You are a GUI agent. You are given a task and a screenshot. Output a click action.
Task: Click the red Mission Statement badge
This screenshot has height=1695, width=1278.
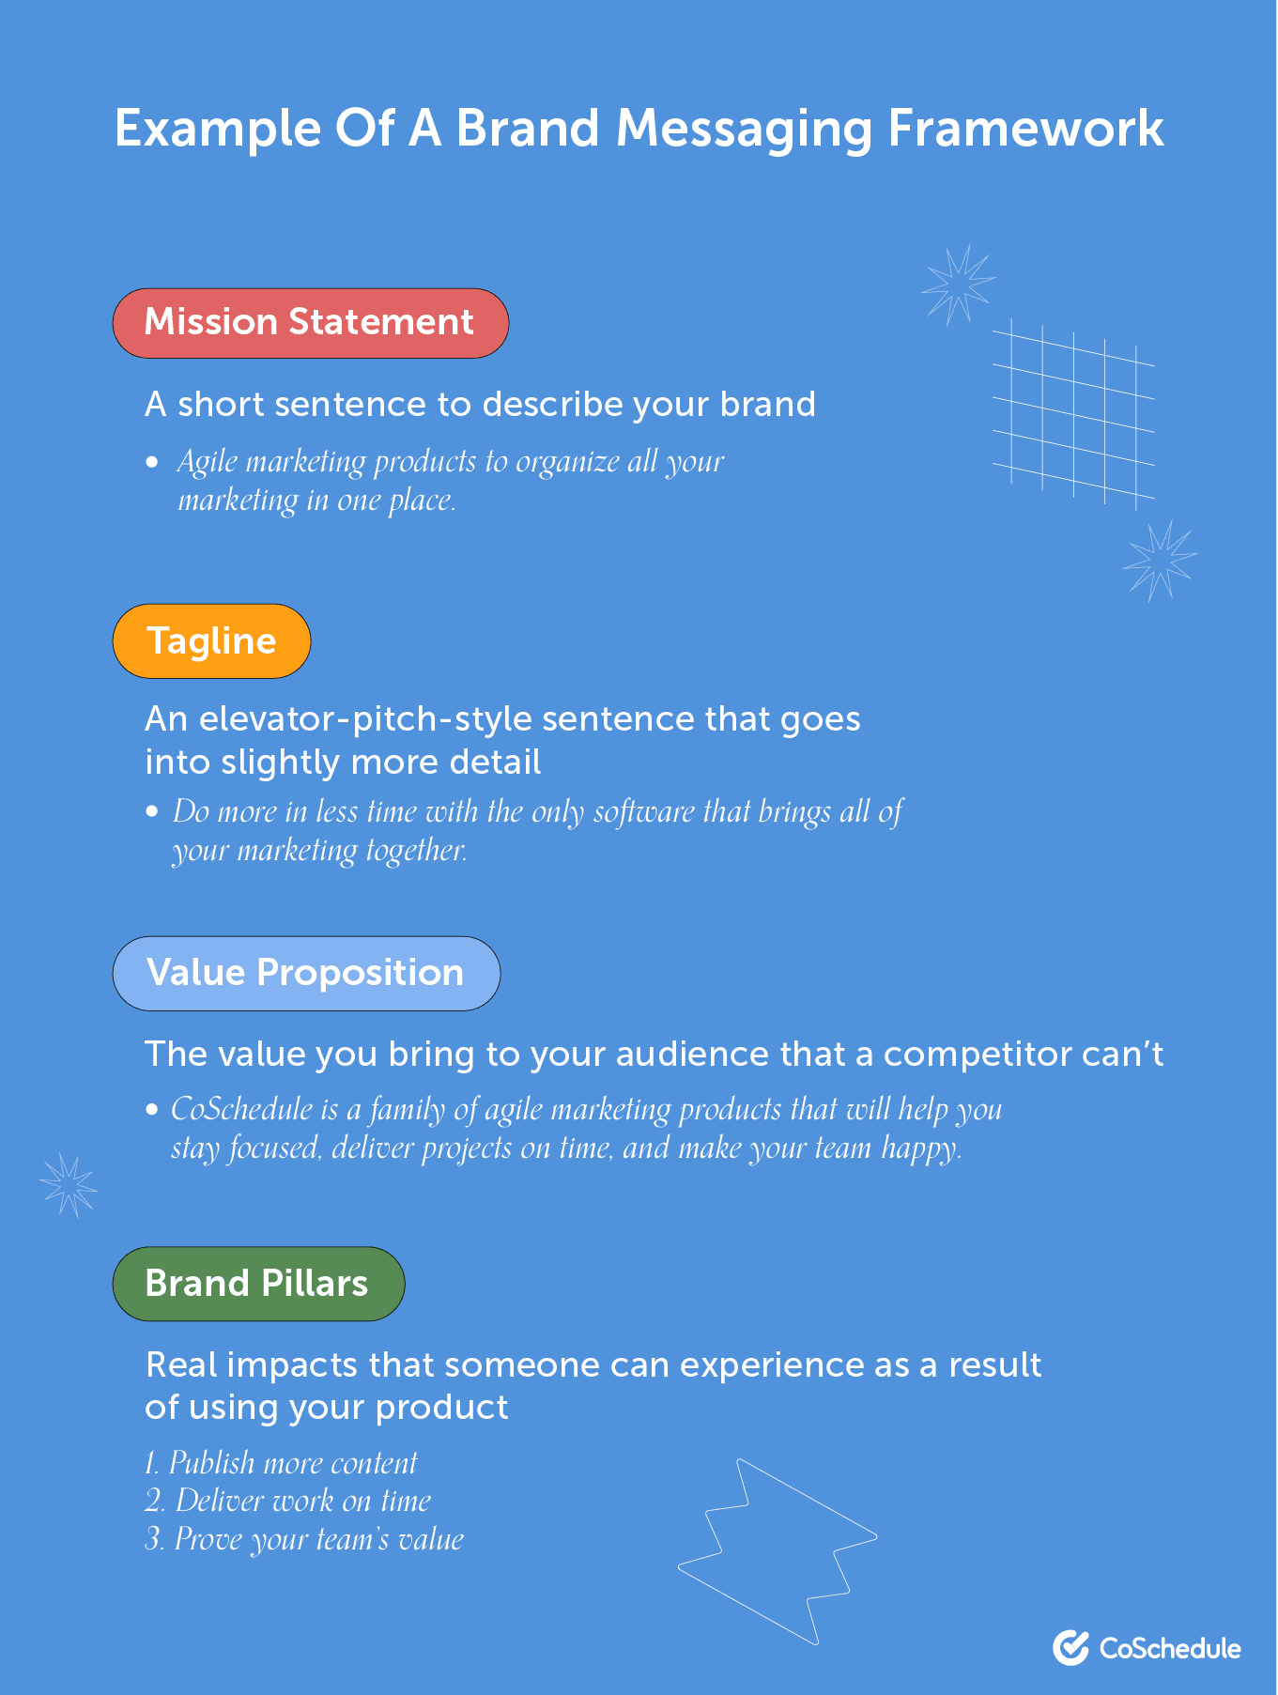pyautogui.click(x=311, y=323)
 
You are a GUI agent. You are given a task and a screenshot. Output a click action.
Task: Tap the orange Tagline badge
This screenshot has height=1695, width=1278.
pyautogui.click(x=211, y=640)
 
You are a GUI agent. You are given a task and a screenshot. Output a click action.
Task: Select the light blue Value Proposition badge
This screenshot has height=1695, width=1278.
pyautogui.click(x=306, y=973)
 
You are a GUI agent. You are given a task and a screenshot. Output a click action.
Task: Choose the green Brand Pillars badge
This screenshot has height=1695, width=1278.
pyautogui.click(x=258, y=1284)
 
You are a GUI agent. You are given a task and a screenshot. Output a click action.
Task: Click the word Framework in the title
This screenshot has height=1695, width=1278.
pyautogui.click(x=1025, y=129)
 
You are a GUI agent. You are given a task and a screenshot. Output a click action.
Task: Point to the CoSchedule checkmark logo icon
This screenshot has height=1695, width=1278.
pyautogui.click(x=1070, y=1647)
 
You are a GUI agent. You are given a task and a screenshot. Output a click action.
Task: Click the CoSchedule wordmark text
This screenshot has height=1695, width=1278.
pyautogui.click(x=1170, y=1648)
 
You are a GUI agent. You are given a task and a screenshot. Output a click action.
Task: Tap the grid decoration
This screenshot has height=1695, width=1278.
pyautogui.click(x=1073, y=413)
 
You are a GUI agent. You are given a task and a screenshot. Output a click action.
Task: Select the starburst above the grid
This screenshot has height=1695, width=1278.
pyautogui.click(x=958, y=285)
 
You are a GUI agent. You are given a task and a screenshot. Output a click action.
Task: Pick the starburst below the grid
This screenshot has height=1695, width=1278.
pyautogui.click(x=1161, y=561)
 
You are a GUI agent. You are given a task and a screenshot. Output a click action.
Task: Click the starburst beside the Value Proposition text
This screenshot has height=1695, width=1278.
pyautogui.click(x=69, y=1184)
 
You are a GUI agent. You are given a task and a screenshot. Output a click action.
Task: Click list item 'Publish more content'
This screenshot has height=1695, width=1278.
pyautogui.click(x=281, y=1463)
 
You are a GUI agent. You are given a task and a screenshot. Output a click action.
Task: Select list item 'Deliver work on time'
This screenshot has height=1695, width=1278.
pyautogui.click(x=287, y=1501)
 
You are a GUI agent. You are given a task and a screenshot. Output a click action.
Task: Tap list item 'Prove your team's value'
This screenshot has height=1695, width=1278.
pyautogui.click(x=304, y=1539)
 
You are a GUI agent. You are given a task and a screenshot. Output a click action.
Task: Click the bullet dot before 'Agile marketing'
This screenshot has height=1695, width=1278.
pyautogui.click(x=152, y=462)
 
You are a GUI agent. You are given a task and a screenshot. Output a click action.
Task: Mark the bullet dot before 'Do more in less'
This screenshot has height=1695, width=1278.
pyautogui.click(x=152, y=811)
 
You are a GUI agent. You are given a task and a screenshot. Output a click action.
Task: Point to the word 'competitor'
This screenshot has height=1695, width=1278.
pyautogui.click(x=977, y=1055)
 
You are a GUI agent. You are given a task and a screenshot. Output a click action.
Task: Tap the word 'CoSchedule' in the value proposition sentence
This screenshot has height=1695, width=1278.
pyautogui.click(x=241, y=1109)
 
